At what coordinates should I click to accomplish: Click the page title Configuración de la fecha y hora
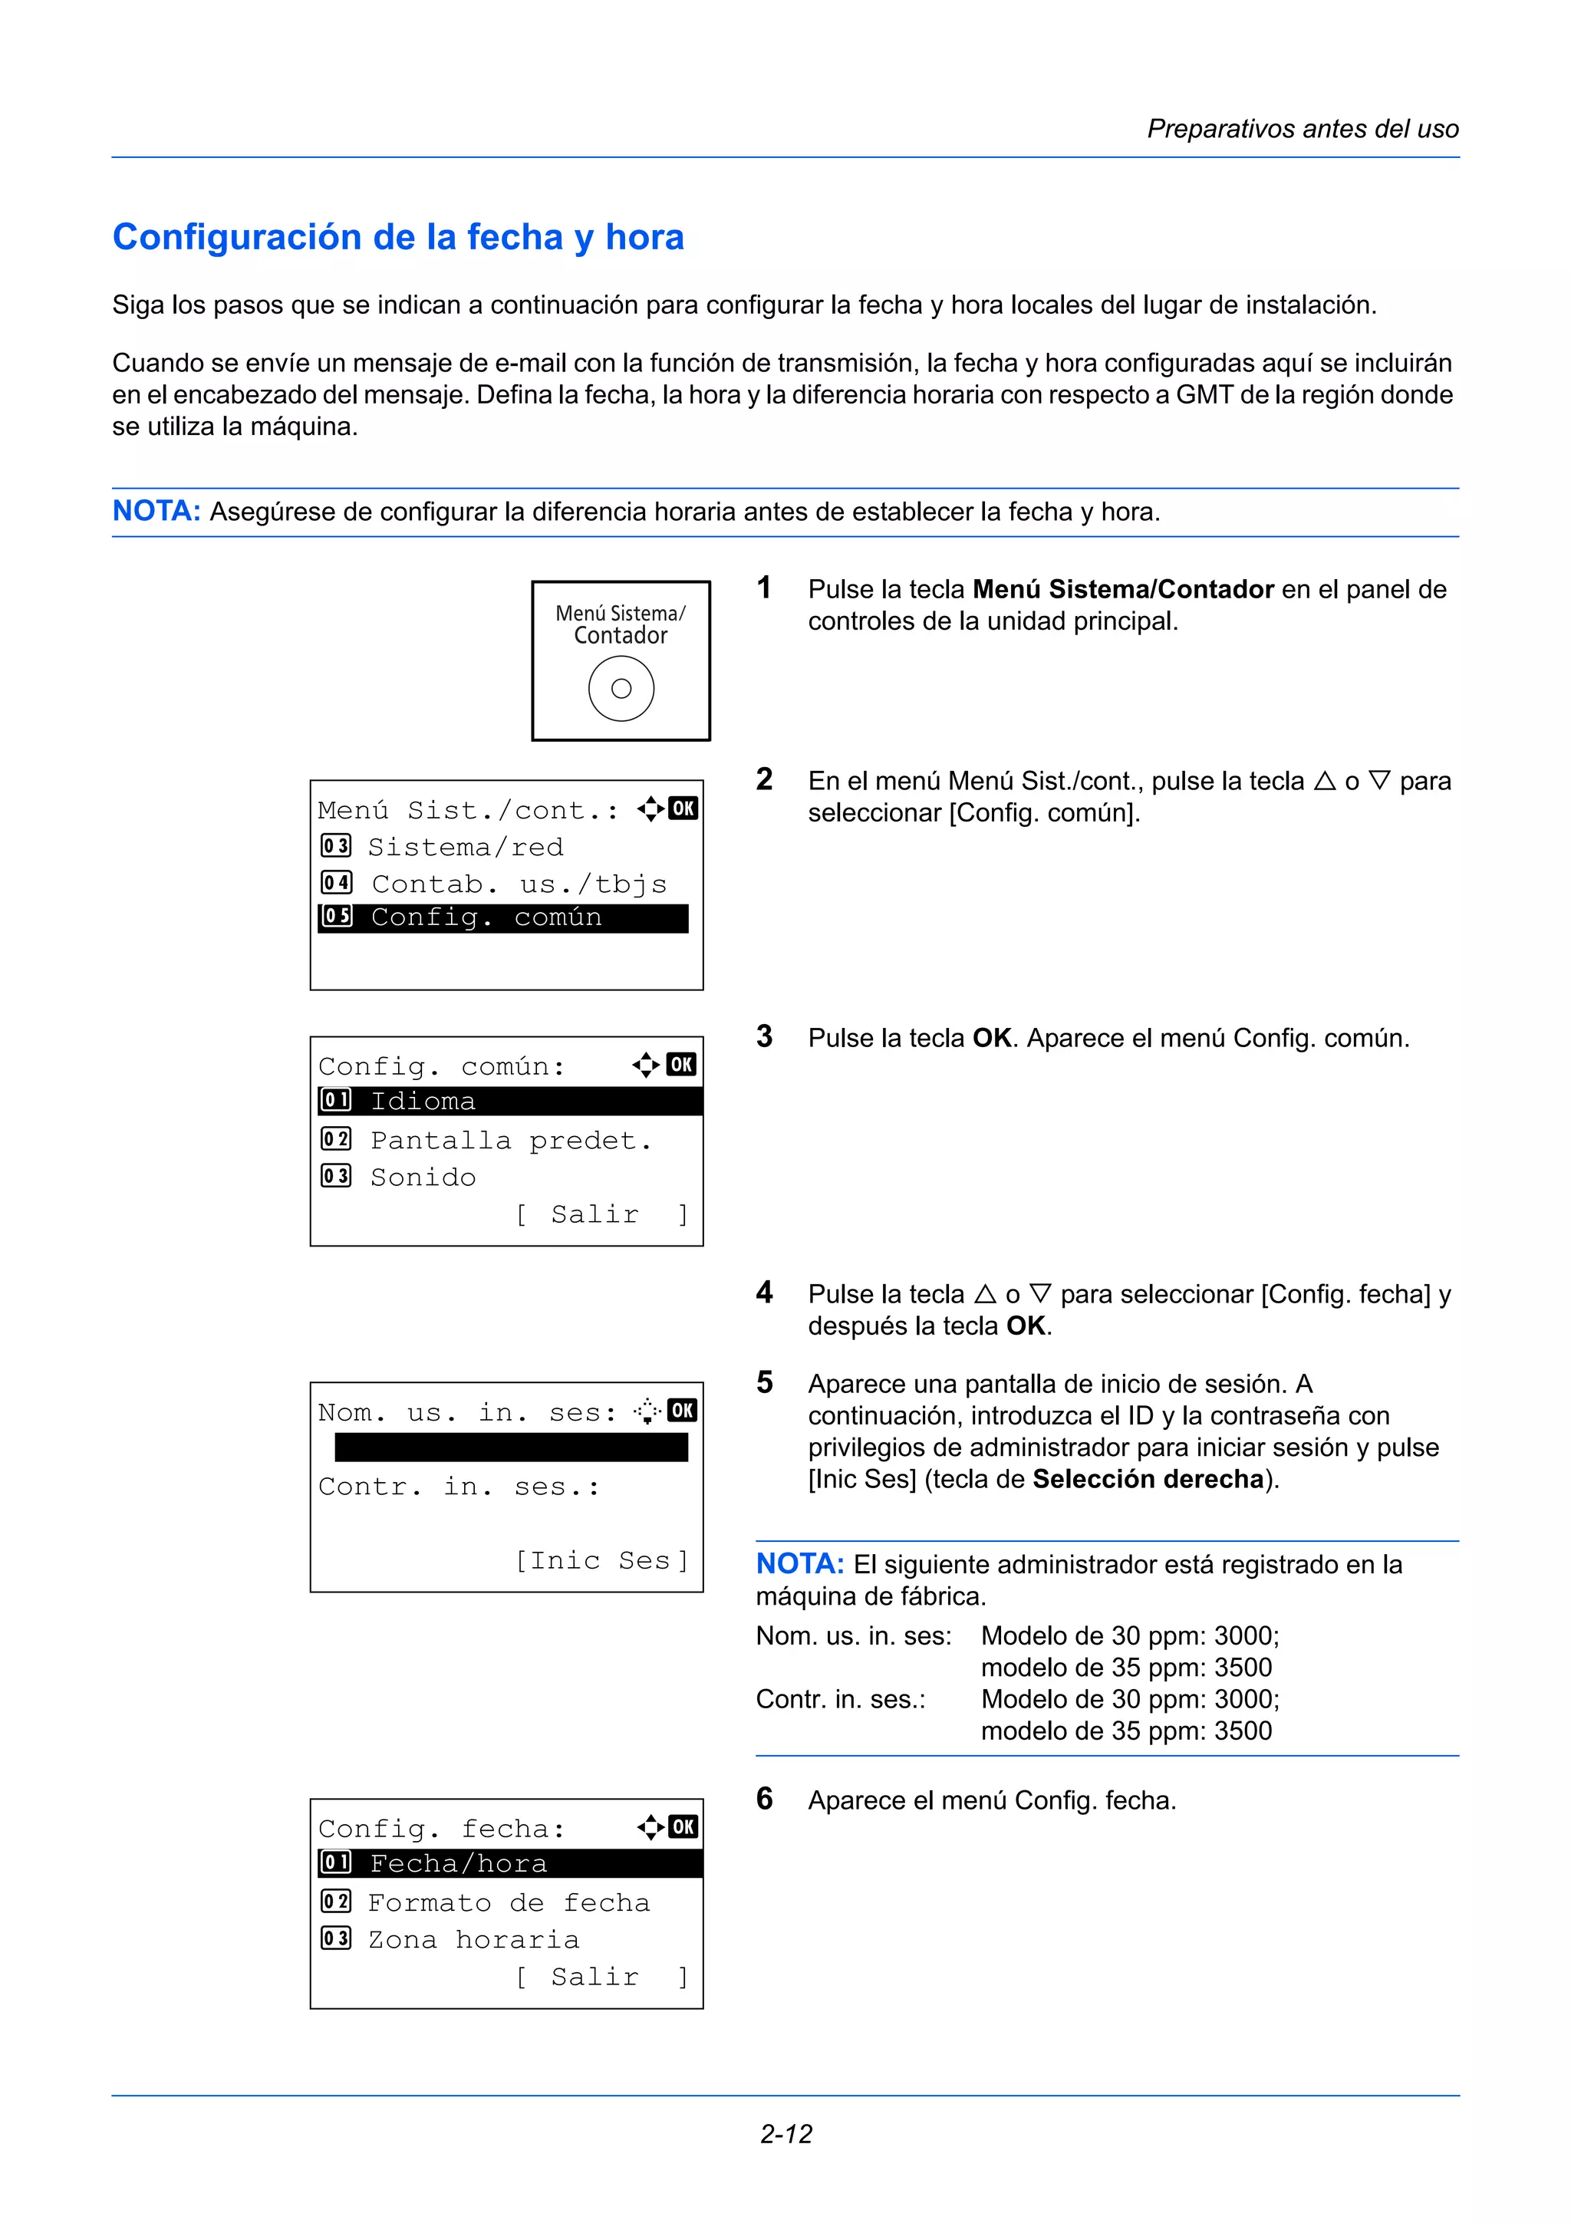tap(398, 237)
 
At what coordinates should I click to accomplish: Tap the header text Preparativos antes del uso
tap(1302, 129)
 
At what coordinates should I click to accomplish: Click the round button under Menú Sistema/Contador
tap(621, 688)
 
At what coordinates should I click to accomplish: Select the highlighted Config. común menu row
tap(502, 918)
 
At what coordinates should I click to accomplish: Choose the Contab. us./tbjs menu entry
tap(519, 884)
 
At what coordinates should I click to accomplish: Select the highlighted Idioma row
tap(509, 1102)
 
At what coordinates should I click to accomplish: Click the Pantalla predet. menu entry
tap(510, 1141)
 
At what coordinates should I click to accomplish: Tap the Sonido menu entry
tap(423, 1177)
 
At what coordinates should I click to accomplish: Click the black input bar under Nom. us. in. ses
tap(510, 1447)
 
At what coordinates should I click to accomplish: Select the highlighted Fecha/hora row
tap(509, 1864)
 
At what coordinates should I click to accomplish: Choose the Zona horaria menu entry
tap(473, 1939)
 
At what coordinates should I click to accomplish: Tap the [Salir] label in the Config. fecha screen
tap(601, 1976)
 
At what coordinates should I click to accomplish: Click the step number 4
tap(765, 1293)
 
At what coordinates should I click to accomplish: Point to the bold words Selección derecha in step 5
tap(1148, 1478)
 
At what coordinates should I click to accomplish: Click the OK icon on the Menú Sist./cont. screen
tap(683, 809)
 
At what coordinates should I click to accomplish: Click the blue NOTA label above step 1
tap(156, 511)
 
